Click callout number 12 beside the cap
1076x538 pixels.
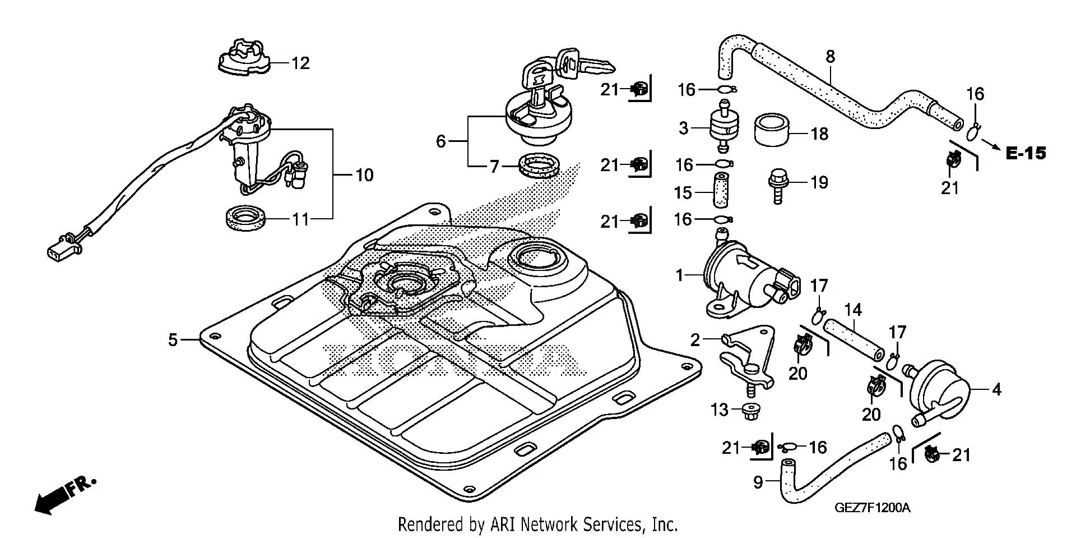tap(300, 63)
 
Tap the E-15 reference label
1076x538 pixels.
tap(1026, 153)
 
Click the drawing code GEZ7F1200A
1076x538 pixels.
tap(873, 508)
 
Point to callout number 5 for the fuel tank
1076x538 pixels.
tap(173, 339)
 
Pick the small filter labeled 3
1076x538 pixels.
tap(723, 126)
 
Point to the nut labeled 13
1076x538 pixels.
tap(746, 411)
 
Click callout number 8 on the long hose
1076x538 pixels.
tap(831, 57)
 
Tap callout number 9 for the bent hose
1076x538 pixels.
tap(758, 482)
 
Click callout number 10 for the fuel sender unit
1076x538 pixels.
tap(364, 175)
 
